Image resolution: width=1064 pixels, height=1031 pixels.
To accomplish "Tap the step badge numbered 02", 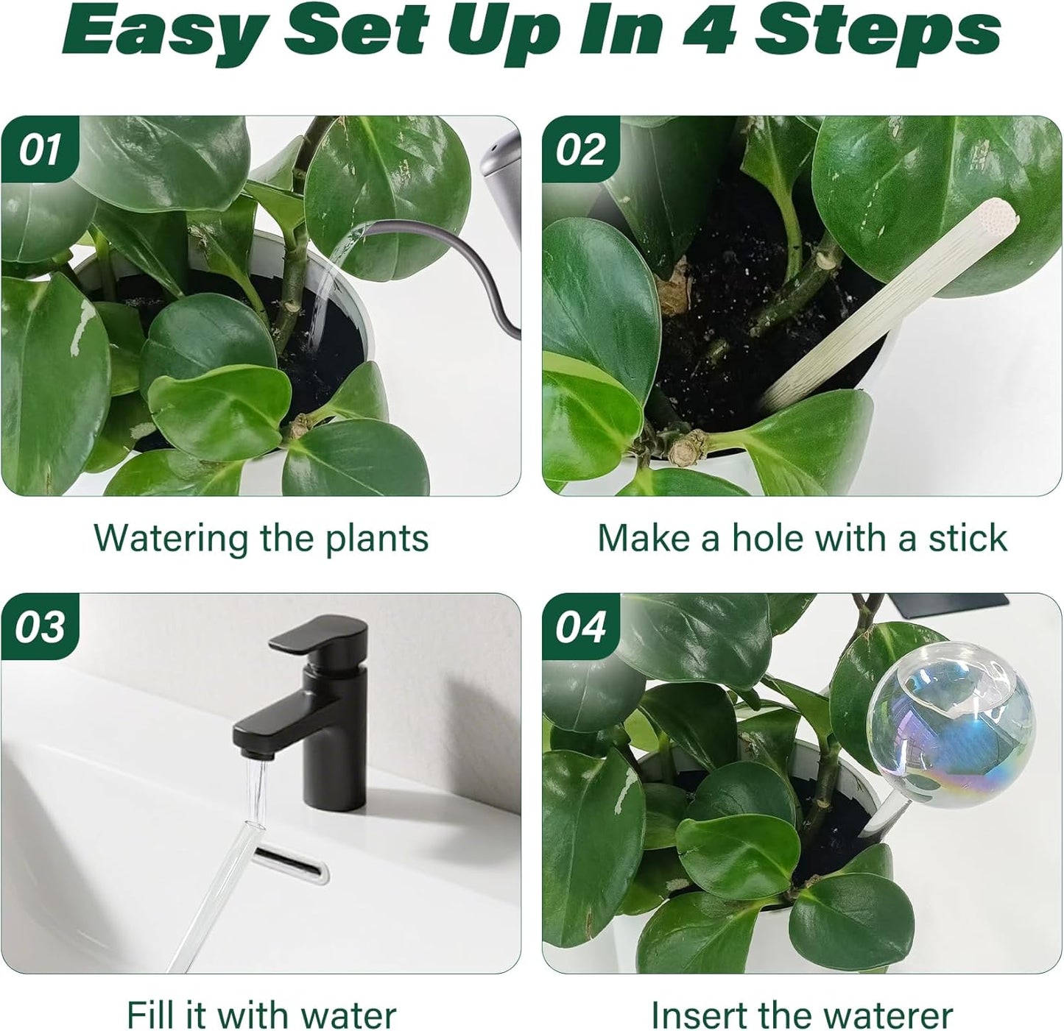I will pos(581,150).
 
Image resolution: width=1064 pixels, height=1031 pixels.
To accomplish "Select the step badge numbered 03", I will pos(40,627).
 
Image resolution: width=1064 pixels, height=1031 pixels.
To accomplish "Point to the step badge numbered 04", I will pos(581,627).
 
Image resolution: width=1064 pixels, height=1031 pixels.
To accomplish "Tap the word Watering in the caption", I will pos(172,539).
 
